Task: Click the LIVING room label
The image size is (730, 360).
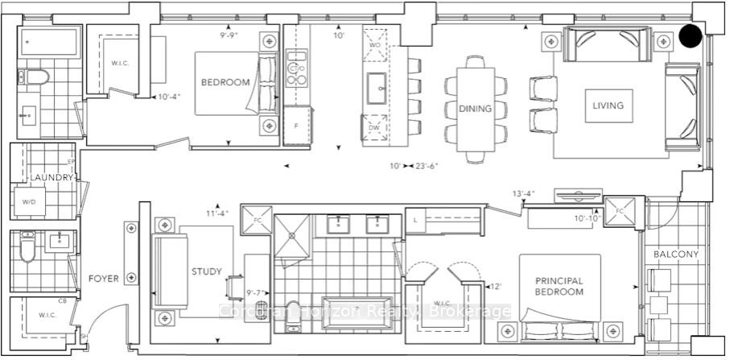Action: click(608, 106)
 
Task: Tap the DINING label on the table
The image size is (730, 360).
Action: click(475, 109)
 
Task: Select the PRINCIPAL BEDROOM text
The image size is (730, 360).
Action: click(559, 286)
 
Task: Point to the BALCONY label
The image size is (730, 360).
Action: click(676, 254)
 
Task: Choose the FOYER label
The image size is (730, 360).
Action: click(104, 279)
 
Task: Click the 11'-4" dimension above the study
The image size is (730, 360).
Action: click(217, 213)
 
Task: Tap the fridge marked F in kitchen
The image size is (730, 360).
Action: click(296, 127)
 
